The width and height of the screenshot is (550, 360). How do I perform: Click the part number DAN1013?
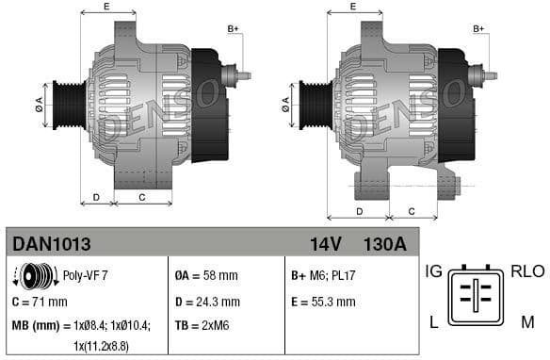click(52, 244)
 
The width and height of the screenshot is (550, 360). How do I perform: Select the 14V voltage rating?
click(325, 244)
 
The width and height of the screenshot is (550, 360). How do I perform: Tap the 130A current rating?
click(384, 244)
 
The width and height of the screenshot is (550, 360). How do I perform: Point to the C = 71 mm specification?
click(40, 302)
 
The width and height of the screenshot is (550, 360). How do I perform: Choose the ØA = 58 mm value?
click(206, 276)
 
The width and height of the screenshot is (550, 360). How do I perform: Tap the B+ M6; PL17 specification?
click(323, 276)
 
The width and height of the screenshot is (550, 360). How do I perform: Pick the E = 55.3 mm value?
click(323, 302)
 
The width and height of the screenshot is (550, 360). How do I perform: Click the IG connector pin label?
click(433, 271)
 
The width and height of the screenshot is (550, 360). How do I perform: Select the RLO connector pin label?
click(526, 271)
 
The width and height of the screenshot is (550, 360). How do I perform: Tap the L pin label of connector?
click(433, 322)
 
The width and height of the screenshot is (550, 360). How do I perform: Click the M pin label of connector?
click(526, 322)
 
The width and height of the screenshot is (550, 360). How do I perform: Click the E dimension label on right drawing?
click(352, 7)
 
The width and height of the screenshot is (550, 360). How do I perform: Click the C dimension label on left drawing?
click(141, 197)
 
